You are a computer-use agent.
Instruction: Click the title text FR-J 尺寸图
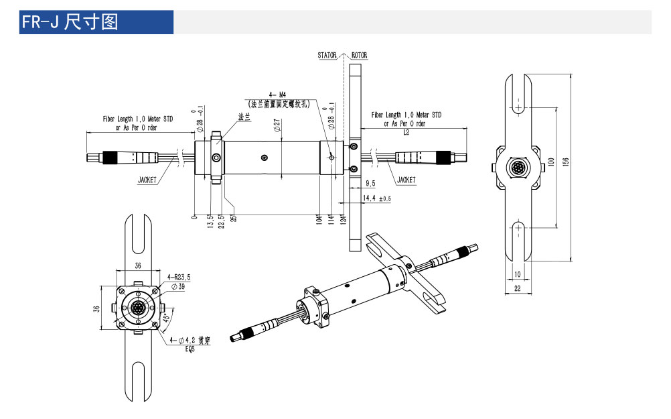point(70,22)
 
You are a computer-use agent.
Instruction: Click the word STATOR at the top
point(327,56)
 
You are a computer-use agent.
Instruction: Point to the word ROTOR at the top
point(359,56)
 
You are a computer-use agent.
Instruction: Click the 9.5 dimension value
point(370,183)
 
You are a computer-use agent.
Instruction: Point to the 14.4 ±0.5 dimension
point(376,199)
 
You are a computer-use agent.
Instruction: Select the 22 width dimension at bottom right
point(518,288)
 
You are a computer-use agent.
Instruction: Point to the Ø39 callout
point(178,286)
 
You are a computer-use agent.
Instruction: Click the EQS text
point(190,348)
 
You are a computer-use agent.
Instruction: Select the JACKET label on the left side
point(147,180)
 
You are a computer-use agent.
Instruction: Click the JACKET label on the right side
point(406,180)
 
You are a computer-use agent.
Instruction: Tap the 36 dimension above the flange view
point(138,265)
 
